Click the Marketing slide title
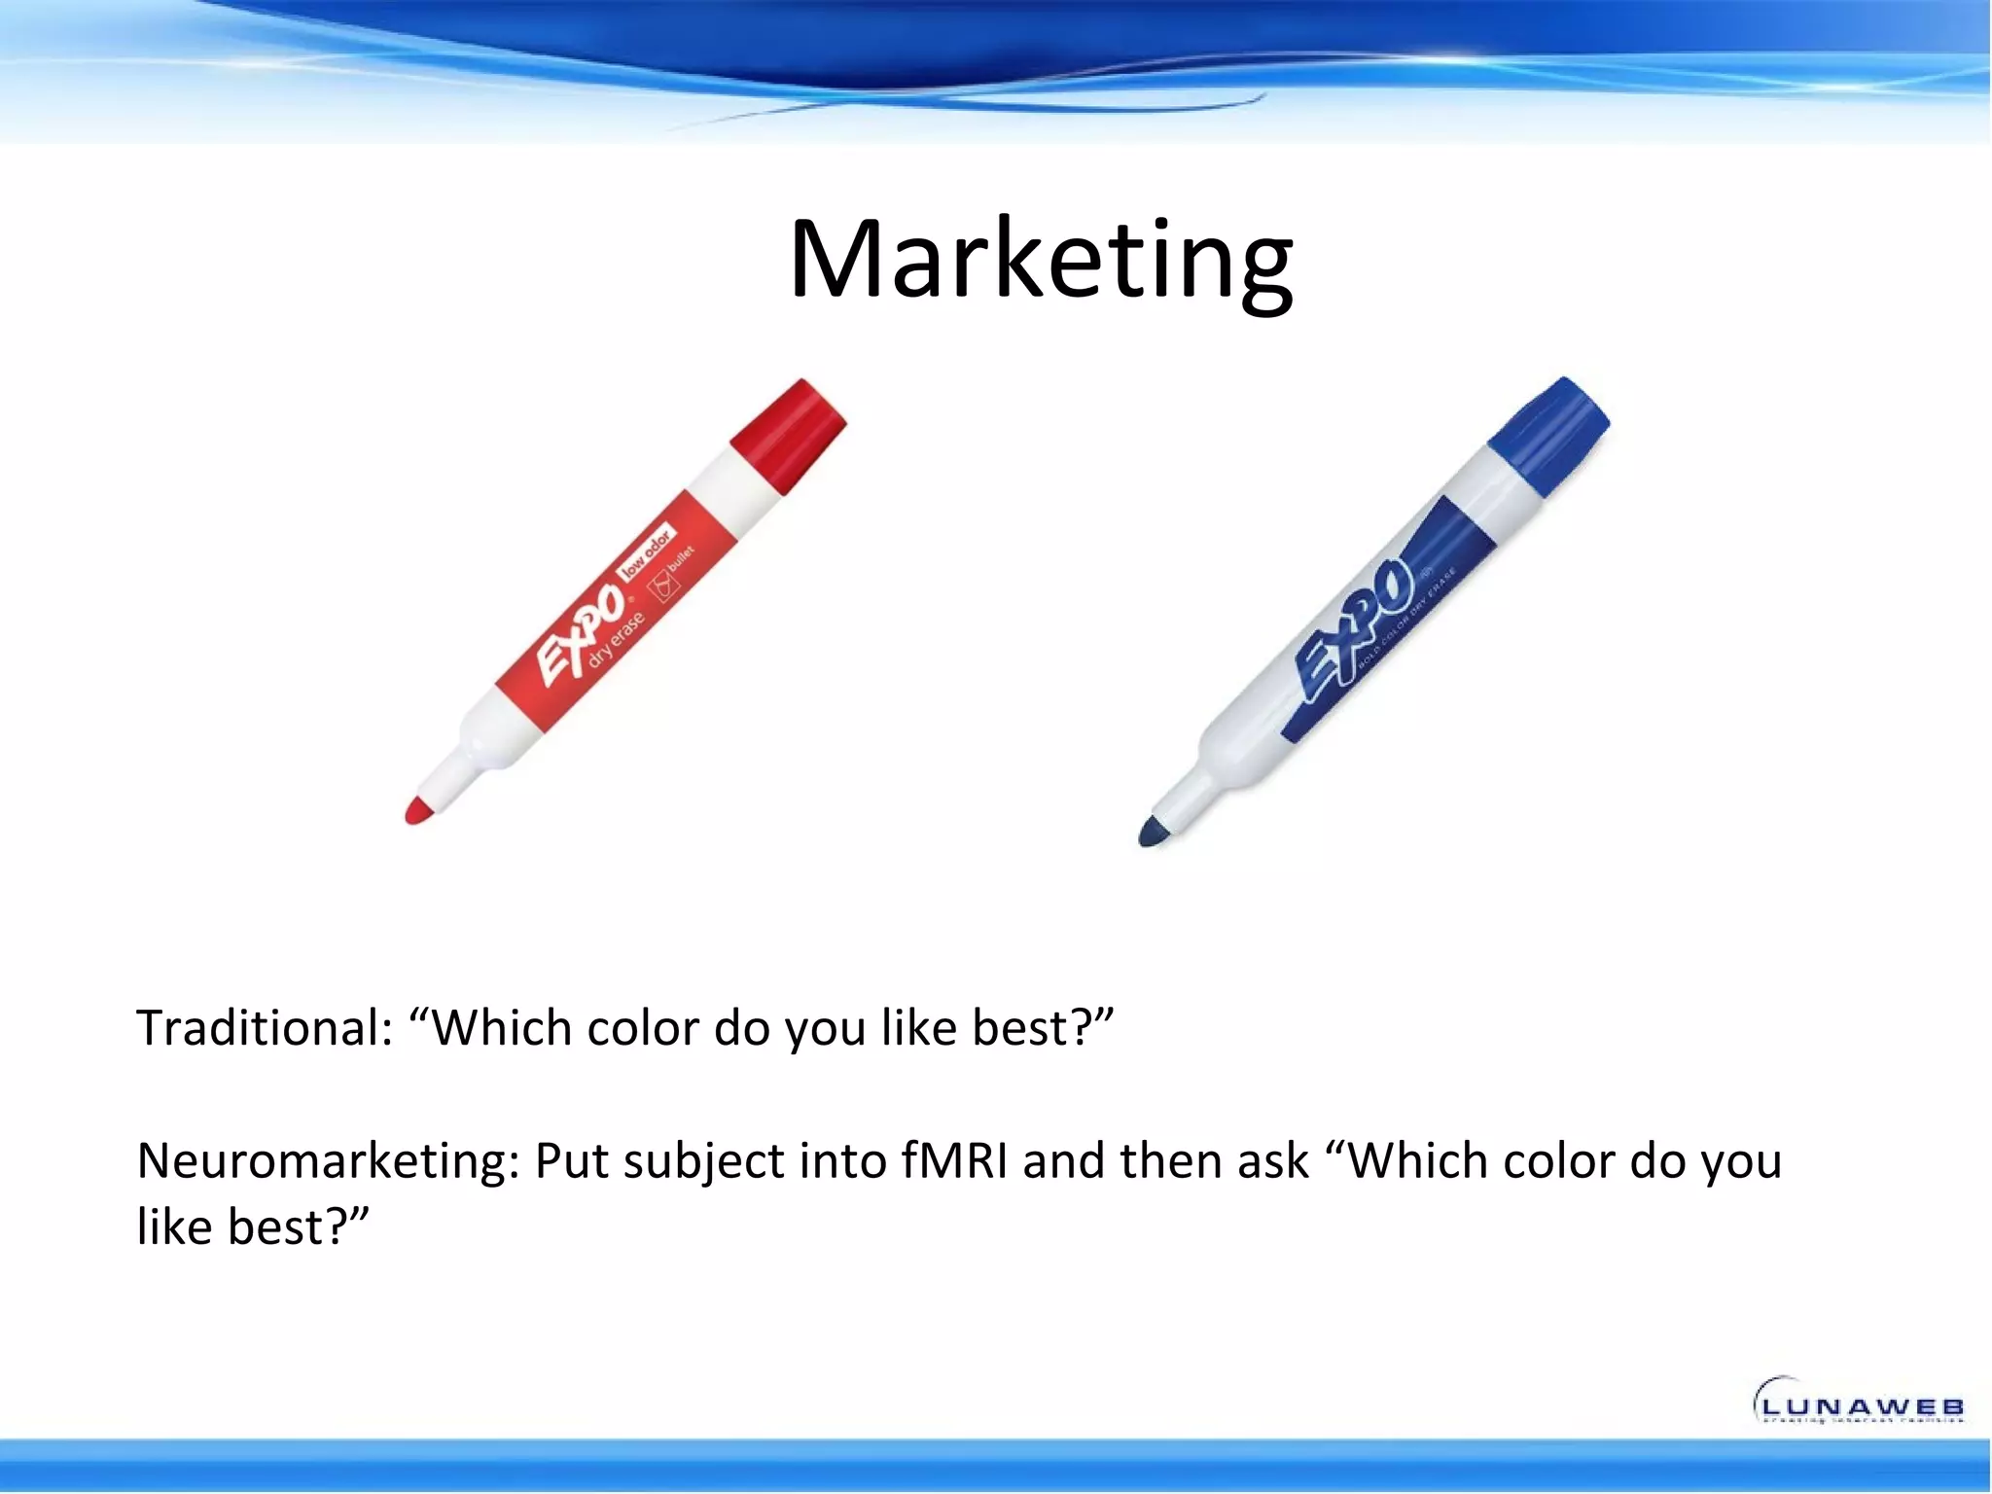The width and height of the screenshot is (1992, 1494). pos(1040,261)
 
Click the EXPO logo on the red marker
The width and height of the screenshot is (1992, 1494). pos(581,635)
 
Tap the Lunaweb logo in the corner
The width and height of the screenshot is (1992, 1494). pos(1858,1403)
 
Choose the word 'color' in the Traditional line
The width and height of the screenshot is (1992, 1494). pos(641,1028)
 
